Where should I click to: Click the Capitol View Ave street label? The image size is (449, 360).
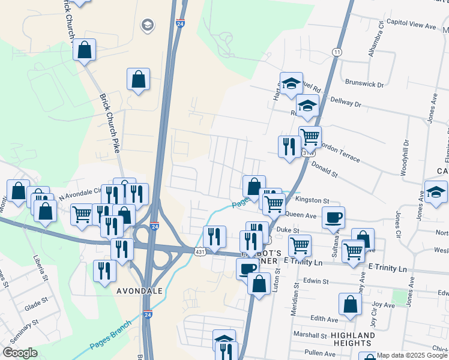(x=411, y=26)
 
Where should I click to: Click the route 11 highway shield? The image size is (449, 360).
(x=337, y=52)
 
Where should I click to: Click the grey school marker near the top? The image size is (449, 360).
(x=146, y=25)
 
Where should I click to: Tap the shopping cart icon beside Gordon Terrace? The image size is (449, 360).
(x=310, y=137)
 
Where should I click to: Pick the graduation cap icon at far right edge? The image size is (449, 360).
(x=436, y=192)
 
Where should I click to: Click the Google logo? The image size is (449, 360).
(x=20, y=353)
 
